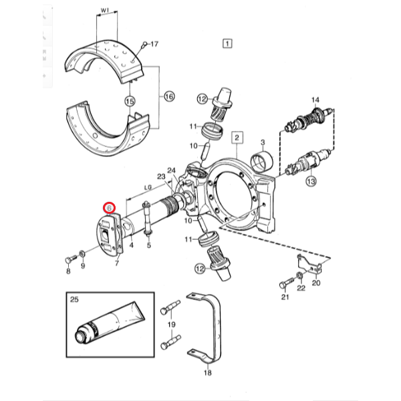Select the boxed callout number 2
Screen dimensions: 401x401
[x=235, y=138]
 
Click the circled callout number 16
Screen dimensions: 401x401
[x=168, y=97]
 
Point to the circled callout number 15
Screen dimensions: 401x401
[x=130, y=101]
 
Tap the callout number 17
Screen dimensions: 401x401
[x=154, y=45]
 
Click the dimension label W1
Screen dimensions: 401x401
[x=105, y=10]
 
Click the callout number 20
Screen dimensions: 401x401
[x=316, y=283]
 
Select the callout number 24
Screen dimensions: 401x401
[x=172, y=171]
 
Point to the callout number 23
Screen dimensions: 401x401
[x=161, y=176]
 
